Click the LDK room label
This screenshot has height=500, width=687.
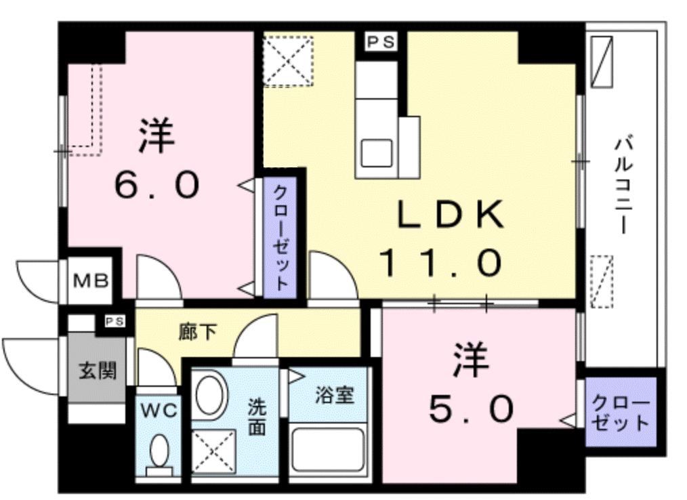pyautogui.click(x=450, y=215)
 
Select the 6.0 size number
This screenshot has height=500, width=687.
pyautogui.click(x=157, y=184)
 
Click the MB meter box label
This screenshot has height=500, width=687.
pyautogui.click(x=91, y=280)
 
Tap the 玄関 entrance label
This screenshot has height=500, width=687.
pyautogui.click(x=98, y=371)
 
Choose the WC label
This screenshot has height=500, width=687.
pyautogui.click(x=159, y=409)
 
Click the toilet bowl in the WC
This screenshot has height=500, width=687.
pyautogui.click(x=159, y=451)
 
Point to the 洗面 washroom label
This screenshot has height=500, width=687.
pyautogui.click(x=256, y=417)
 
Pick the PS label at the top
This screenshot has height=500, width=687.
pyautogui.click(x=380, y=42)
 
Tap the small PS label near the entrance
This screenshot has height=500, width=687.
pyautogui.click(x=114, y=322)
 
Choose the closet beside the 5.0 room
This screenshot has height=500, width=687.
pyautogui.click(x=621, y=413)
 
